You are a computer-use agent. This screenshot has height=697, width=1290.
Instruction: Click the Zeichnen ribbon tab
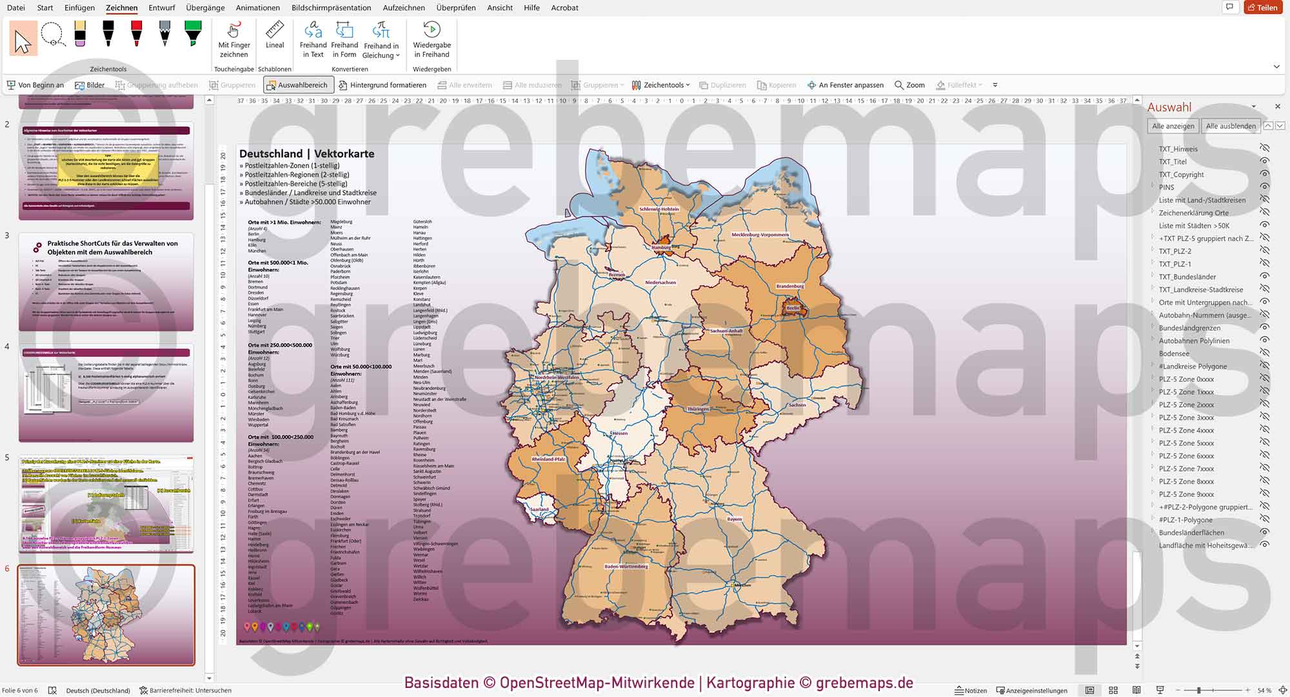(x=121, y=8)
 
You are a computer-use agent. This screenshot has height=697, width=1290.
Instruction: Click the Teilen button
(x=1263, y=8)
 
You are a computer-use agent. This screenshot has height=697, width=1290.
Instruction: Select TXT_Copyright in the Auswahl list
(x=1181, y=175)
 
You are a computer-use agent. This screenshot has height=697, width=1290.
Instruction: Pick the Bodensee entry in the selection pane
(x=1174, y=353)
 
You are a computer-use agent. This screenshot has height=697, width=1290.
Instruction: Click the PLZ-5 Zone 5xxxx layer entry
(x=1186, y=443)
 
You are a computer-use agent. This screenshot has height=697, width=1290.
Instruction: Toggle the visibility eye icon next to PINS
(x=1264, y=187)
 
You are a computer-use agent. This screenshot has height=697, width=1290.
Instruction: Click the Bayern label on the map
(x=734, y=519)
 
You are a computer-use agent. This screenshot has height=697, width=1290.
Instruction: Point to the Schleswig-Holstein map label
(x=659, y=209)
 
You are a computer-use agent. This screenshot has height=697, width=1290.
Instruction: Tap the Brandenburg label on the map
(x=789, y=286)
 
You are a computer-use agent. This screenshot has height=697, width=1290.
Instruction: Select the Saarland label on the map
(x=539, y=509)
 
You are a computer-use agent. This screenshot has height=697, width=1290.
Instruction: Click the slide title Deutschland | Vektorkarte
(x=306, y=153)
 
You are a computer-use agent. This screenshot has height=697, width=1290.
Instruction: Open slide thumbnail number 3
(x=106, y=282)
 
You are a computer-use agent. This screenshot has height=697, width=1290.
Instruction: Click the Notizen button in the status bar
(x=971, y=690)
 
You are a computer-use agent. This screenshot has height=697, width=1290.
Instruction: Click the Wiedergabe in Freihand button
(x=432, y=39)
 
